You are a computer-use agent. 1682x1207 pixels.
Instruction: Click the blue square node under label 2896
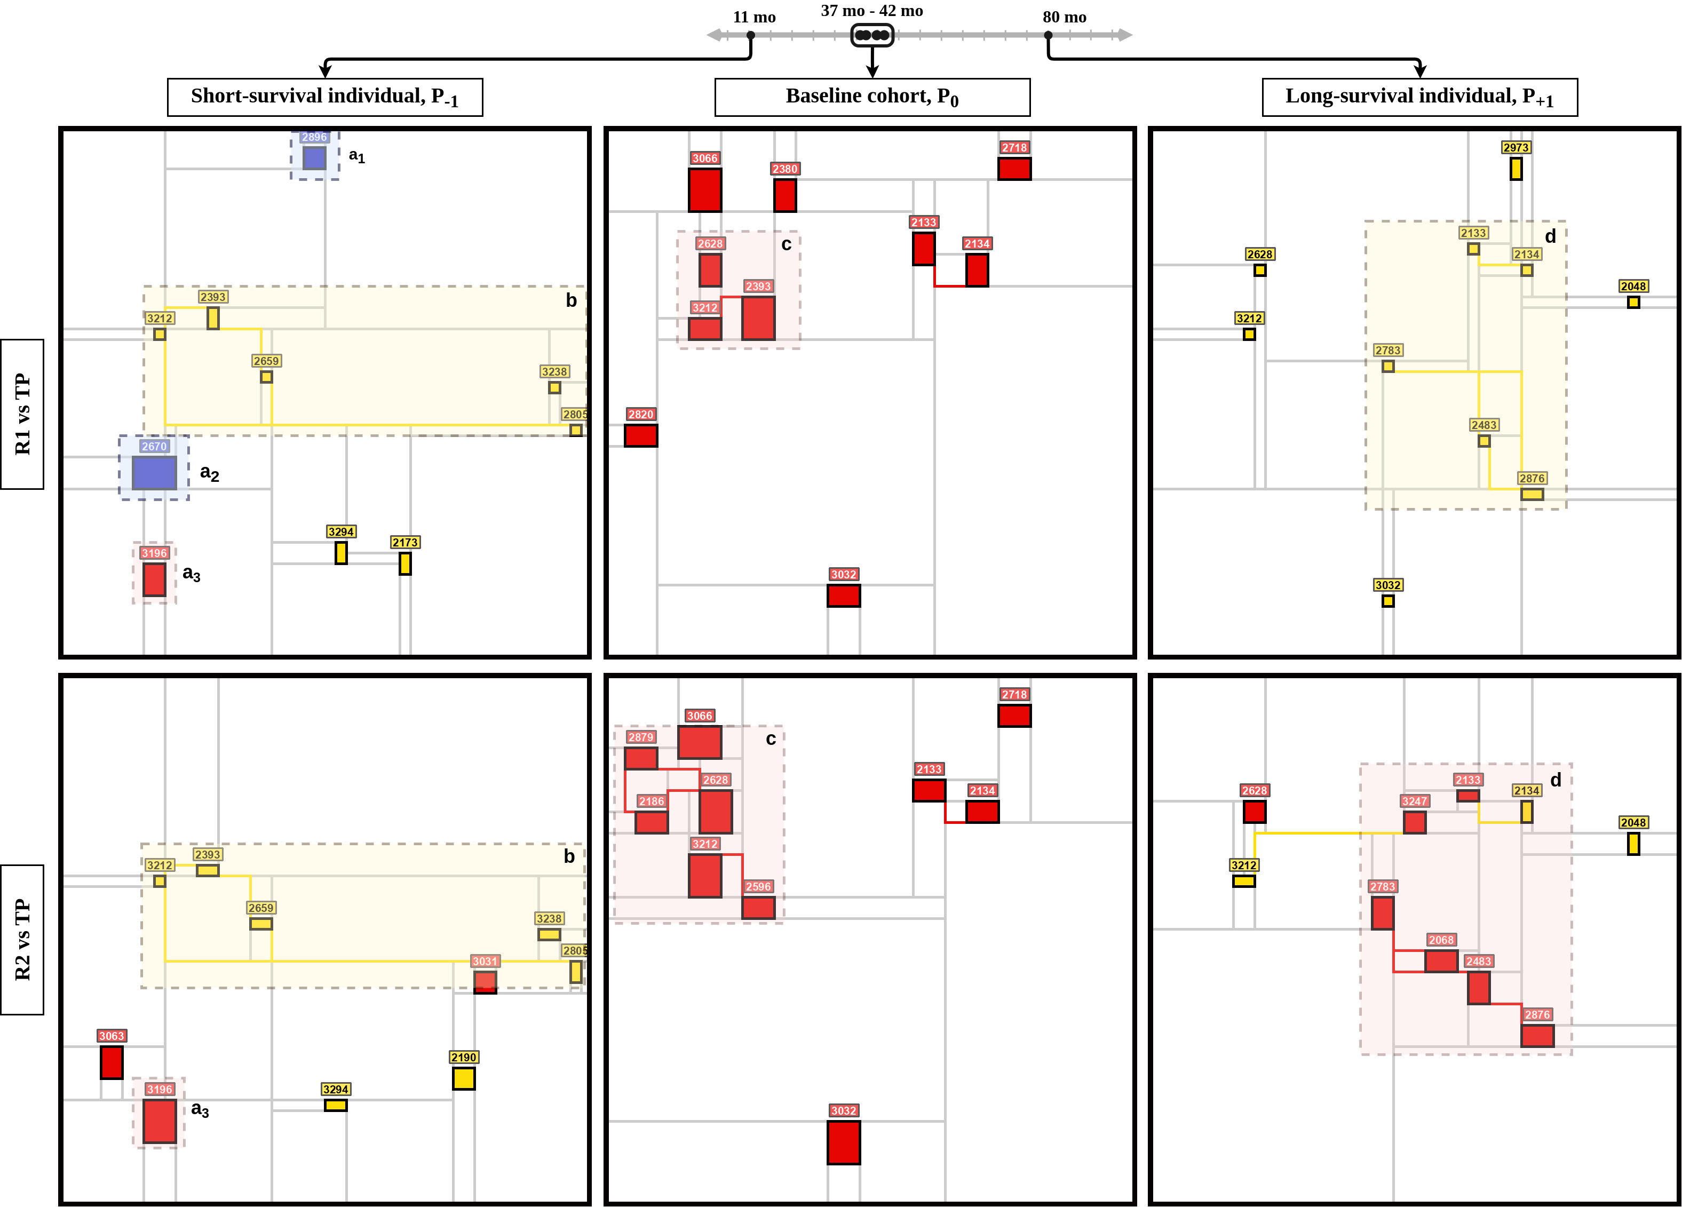pos(314,158)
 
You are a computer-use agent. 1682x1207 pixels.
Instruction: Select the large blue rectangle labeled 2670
pos(154,472)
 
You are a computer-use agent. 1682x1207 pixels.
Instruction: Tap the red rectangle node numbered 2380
pos(784,195)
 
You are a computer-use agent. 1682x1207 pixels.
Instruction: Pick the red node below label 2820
pos(641,435)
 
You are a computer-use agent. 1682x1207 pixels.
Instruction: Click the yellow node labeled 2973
pos(1516,168)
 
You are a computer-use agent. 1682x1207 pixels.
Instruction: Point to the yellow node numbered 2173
pos(405,563)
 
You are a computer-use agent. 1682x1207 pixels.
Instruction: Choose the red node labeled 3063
pos(111,1062)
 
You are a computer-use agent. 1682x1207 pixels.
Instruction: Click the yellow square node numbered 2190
pos(464,1078)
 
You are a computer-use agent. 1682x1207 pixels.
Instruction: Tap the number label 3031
pos(485,961)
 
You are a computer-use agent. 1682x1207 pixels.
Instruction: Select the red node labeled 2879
pos(641,758)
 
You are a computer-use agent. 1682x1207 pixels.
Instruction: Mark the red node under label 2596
pos(758,908)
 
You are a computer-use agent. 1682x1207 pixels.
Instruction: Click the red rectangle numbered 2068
pos(1441,961)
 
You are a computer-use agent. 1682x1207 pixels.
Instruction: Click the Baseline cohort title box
pos(872,97)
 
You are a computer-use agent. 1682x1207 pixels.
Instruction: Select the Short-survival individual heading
pos(325,97)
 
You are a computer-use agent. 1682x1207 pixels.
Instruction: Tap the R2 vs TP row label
pos(22,939)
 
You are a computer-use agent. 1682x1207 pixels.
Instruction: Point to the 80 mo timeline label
pos(1064,17)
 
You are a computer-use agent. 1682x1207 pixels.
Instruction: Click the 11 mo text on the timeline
pos(754,17)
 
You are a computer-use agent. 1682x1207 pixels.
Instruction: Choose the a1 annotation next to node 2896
pos(356,156)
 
